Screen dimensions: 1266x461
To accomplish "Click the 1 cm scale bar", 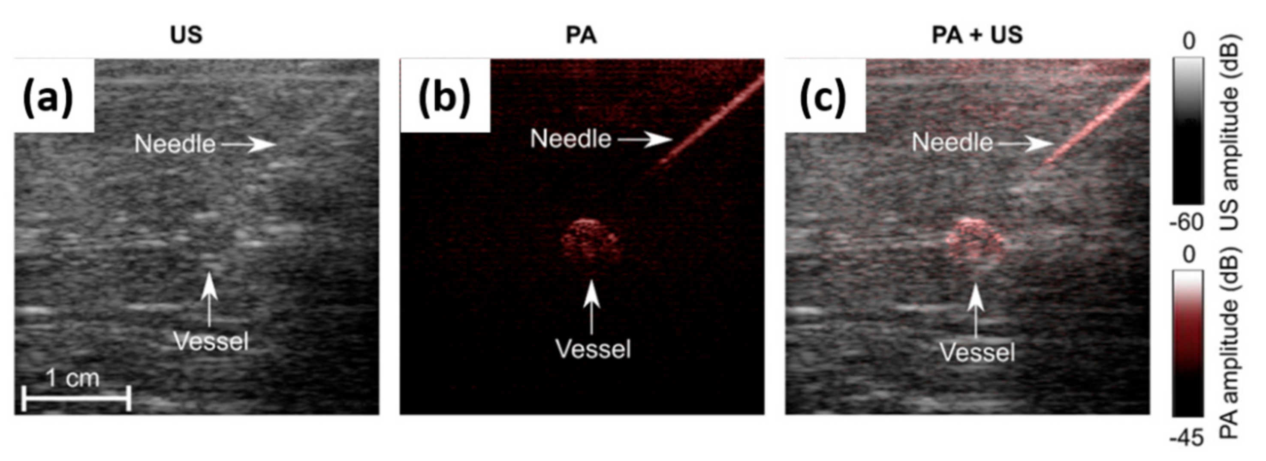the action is tap(76, 398).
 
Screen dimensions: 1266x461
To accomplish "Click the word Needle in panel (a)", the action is tap(175, 144).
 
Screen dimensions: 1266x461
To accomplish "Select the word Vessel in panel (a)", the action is tap(211, 341).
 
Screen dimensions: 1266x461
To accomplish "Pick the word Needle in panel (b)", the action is tap(570, 139).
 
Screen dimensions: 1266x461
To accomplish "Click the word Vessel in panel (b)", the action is tap(593, 349).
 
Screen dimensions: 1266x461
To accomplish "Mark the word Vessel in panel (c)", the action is tap(977, 353).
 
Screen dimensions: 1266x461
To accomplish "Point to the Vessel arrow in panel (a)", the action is tap(209, 299).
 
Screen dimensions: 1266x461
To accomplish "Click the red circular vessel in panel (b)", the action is tap(590, 243).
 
